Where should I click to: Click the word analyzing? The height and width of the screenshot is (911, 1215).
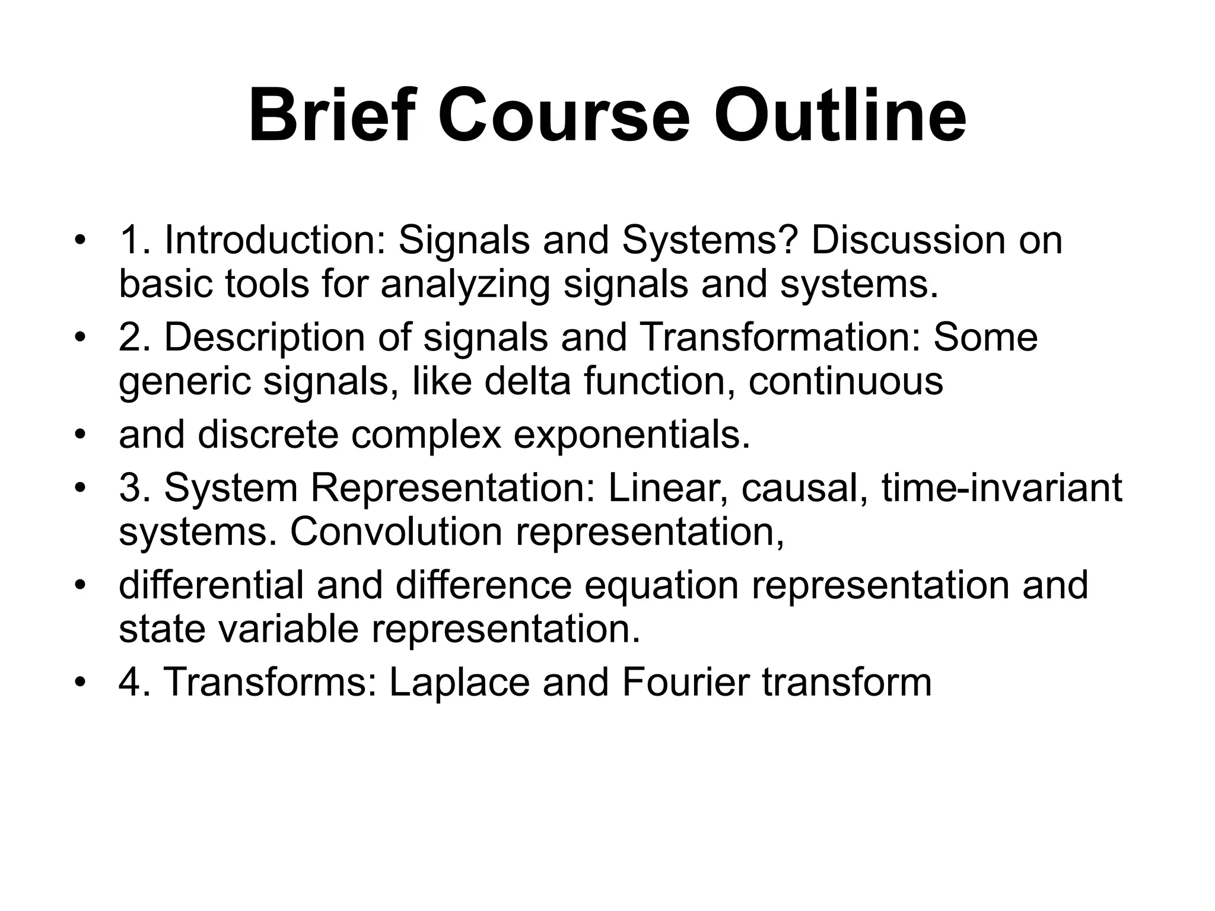[466, 285]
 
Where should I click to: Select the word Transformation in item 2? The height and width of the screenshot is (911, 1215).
[780, 337]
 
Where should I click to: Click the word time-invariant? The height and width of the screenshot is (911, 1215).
[1002, 488]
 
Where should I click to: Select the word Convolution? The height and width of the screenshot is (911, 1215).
[396, 532]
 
